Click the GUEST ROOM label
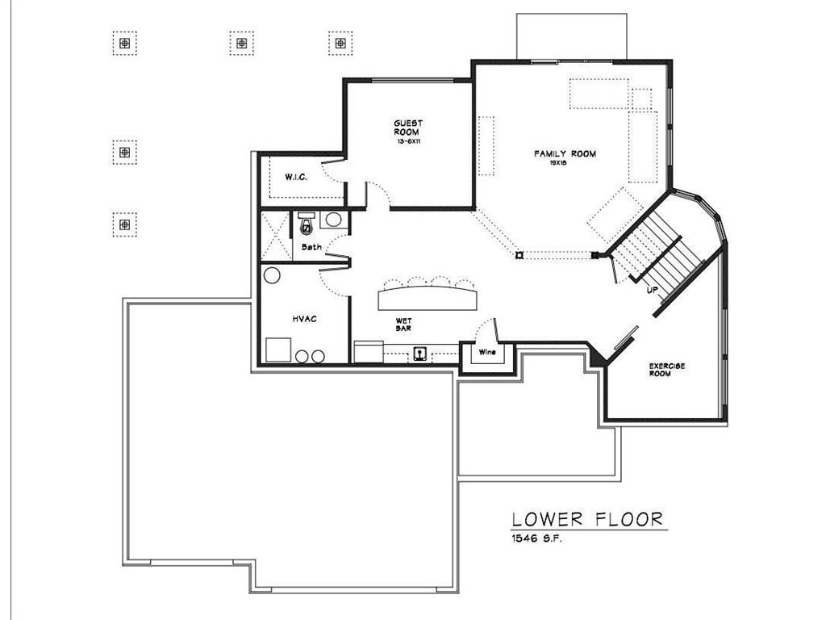coord(408,128)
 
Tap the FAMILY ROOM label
coord(565,154)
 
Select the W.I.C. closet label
coord(296,177)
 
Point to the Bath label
coord(311,247)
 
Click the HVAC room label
coord(304,319)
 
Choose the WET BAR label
coord(403,325)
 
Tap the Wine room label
coord(487,352)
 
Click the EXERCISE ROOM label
coord(667,370)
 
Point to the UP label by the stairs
coord(652,290)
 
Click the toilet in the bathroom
coord(306,224)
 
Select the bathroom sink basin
coord(333,220)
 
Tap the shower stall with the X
coord(276,236)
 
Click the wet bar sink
coord(419,354)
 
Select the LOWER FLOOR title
coord(587,519)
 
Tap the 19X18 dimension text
coord(558,163)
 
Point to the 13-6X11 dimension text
coord(409,142)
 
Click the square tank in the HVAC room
coord(278,350)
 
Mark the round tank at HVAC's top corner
coord(272,276)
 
